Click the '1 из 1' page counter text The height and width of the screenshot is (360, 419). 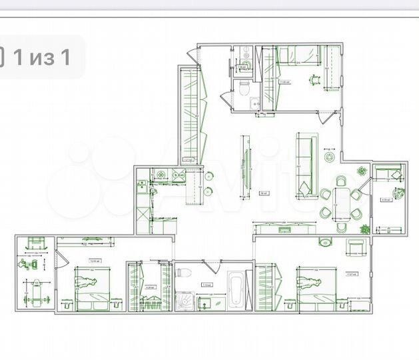tap(43, 57)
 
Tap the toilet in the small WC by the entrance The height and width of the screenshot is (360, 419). tap(244, 86)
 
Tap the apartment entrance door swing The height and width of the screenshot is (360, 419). tap(192, 56)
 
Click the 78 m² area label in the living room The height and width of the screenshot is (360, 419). tap(263, 194)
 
